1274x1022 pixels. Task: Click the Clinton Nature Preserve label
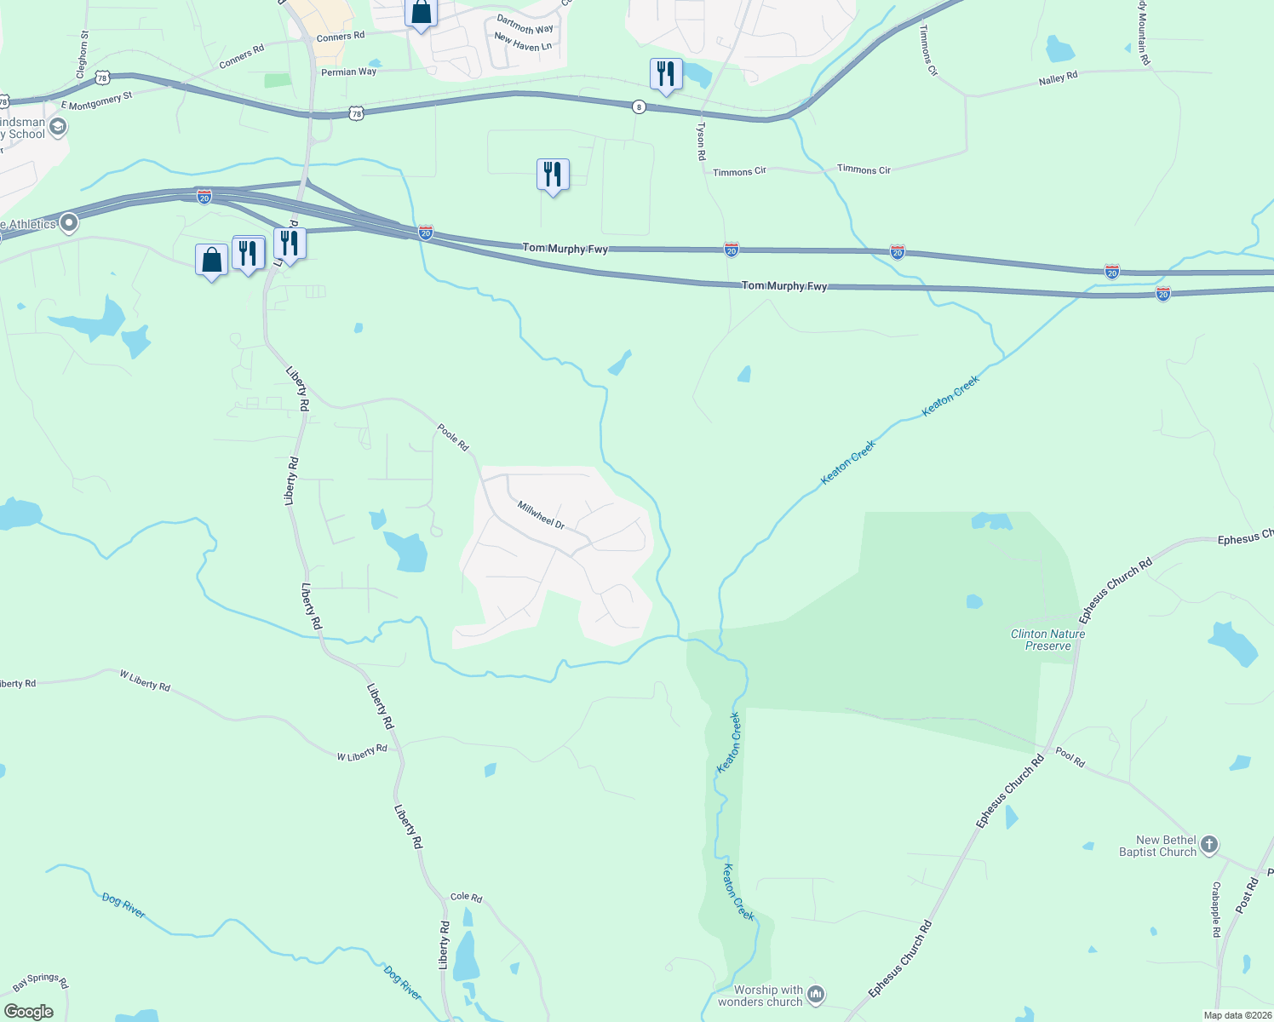click(1047, 640)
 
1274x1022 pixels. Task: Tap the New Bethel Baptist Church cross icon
click(1209, 846)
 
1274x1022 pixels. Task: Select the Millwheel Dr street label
click(542, 515)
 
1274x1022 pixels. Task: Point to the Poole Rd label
click(453, 437)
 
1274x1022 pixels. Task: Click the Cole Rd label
click(466, 898)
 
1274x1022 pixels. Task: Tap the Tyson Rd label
click(701, 141)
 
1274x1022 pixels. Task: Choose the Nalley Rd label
click(1058, 78)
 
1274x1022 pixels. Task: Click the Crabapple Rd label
click(1216, 910)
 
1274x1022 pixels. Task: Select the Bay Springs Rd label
click(41, 982)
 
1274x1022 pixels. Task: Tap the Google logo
click(28, 1012)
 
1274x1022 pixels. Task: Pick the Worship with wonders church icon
click(816, 994)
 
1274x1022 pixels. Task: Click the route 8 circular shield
click(639, 106)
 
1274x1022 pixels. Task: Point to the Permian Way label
click(348, 72)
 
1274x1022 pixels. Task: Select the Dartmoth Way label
click(525, 24)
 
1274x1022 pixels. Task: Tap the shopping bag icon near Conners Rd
click(421, 13)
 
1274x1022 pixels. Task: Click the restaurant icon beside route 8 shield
click(666, 74)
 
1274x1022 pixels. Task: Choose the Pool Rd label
click(1070, 757)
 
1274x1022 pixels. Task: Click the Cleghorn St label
click(83, 55)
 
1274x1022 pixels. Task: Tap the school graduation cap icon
click(58, 128)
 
